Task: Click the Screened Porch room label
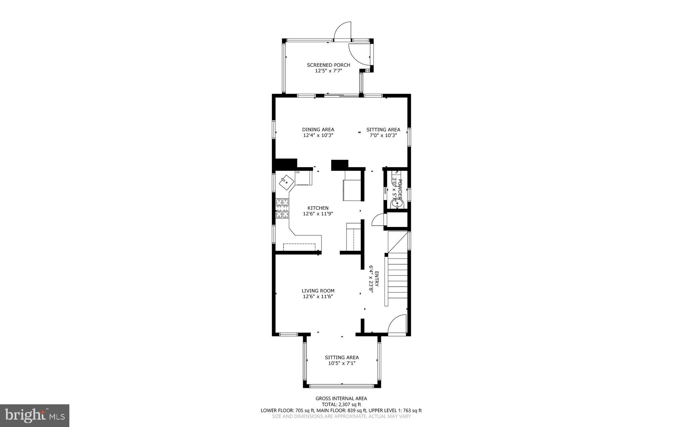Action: point(324,65)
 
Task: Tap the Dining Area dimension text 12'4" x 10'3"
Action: point(318,136)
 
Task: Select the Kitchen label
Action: point(318,208)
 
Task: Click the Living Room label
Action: point(318,291)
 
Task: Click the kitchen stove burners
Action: point(282,208)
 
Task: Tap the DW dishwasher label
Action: point(297,173)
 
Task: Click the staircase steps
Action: point(398,276)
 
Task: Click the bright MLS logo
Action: point(35,415)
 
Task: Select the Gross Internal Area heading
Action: point(341,398)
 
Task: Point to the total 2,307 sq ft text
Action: point(341,404)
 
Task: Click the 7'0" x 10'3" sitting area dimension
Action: point(383,136)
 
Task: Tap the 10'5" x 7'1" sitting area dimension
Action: point(342,363)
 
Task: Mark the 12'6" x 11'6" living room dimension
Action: point(318,296)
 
